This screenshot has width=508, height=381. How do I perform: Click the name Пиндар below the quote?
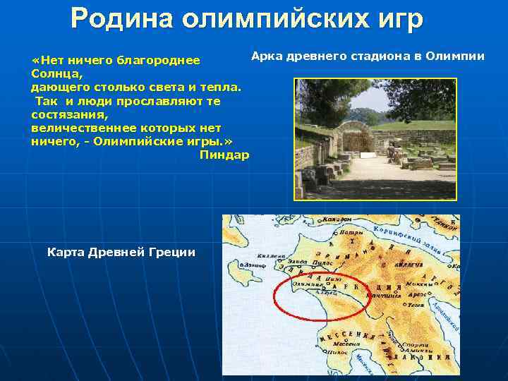tap(224, 155)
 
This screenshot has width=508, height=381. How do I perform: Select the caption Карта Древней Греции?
tap(121, 252)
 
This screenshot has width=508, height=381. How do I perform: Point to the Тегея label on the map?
tap(416, 304)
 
